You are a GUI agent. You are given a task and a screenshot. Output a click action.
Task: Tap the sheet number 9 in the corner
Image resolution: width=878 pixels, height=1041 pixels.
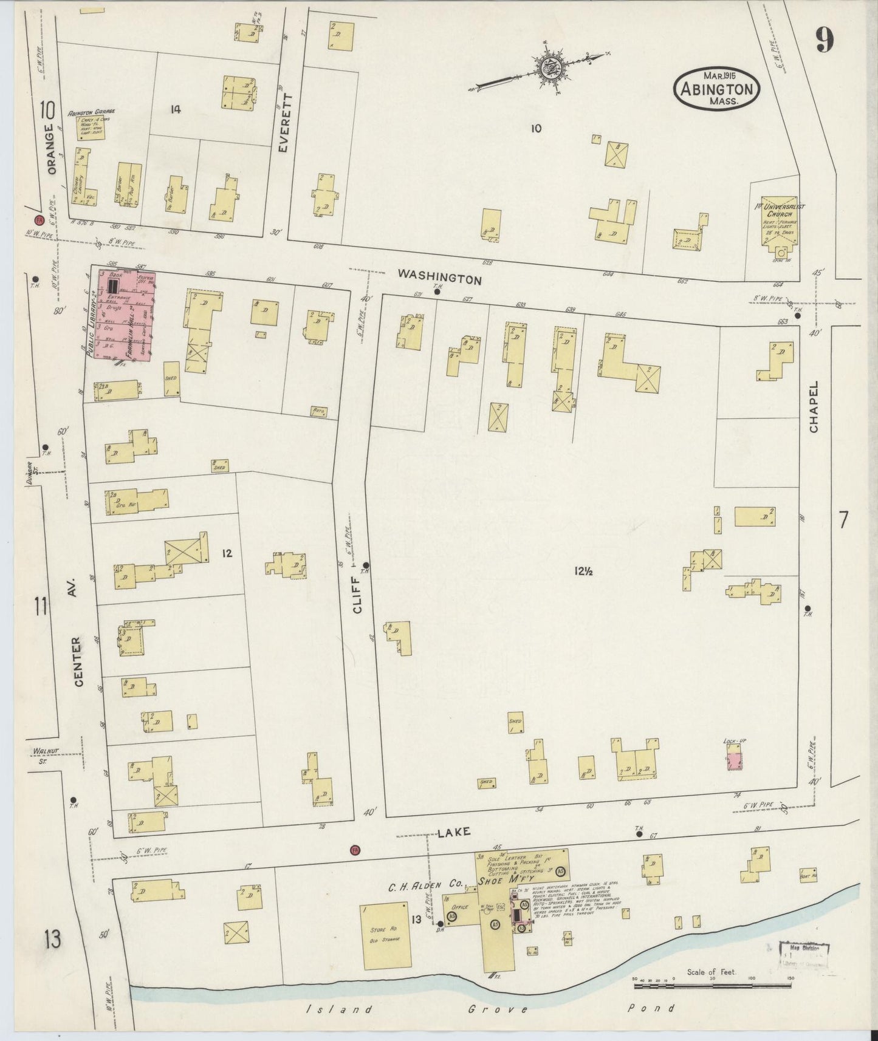point(825,41)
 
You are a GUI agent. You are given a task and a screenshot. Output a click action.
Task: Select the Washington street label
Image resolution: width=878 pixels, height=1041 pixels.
point(439,277)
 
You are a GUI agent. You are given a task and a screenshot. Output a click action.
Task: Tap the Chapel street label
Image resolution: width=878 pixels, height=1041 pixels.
point(814,406)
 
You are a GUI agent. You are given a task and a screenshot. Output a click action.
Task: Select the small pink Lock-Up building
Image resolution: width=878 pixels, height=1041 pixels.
point(735,759)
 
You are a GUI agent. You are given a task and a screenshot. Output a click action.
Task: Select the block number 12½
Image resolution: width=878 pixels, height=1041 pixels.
point(582,570)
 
